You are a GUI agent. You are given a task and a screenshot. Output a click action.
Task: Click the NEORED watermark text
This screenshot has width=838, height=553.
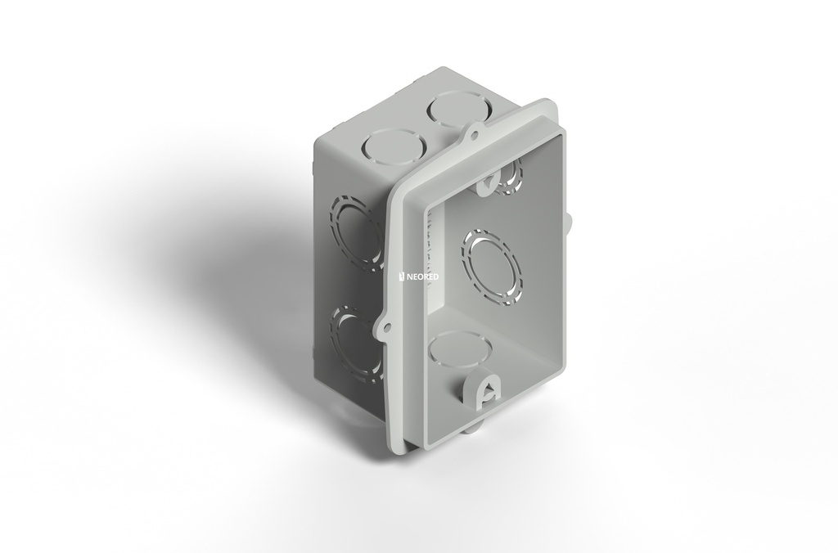422,277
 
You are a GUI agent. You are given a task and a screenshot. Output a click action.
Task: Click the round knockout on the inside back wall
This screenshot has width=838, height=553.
492,267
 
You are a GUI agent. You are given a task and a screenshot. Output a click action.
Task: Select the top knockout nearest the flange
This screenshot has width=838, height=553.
456,109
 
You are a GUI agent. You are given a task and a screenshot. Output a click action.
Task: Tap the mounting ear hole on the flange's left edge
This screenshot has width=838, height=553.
383,328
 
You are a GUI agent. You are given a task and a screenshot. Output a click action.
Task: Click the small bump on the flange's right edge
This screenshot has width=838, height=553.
566,218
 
